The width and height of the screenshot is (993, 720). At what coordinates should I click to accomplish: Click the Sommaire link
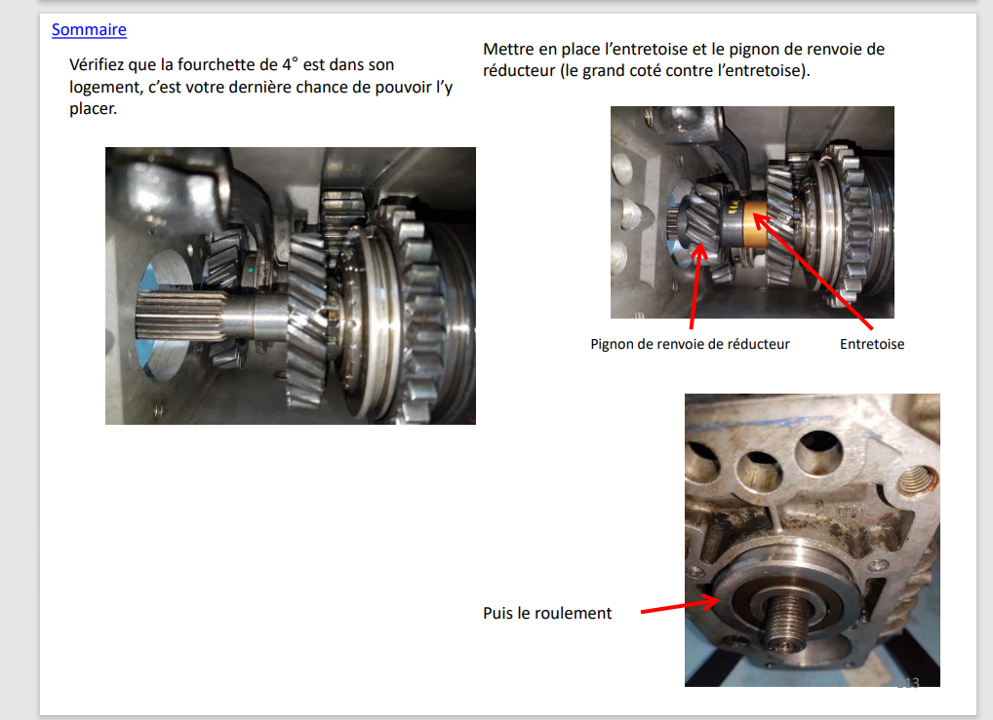(89, 30)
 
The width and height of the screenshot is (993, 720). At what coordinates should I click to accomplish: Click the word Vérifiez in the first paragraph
(97, 64)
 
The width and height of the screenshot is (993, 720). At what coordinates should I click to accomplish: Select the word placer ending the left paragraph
(93, 109)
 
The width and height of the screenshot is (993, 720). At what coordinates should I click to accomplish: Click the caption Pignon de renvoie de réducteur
(690, 344)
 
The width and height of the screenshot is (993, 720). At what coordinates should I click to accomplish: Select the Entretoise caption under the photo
(872, 344)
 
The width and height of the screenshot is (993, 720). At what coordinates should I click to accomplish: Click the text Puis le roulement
(547, 613)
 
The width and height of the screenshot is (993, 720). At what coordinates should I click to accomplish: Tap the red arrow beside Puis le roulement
(680, 606)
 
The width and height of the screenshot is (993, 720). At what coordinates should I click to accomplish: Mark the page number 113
(907, 683)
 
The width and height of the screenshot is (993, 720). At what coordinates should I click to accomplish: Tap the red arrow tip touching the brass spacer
(754, 216)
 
